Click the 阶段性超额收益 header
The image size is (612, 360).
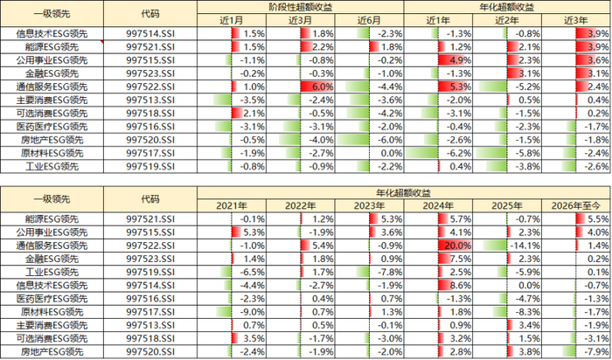click(300, 7)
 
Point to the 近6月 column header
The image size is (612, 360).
click(369, 20)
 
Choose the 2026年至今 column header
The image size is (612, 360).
click(575, 205)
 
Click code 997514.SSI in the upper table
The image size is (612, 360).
click(150, 33)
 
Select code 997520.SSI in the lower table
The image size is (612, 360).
click(150, 352)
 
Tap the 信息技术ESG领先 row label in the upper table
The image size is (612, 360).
click(52, 33)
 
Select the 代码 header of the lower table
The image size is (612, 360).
click(150, 199)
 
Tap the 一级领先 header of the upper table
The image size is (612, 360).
click(52, 14)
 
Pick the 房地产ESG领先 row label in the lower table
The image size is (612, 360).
click(52, 352)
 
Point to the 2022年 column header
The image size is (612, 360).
click(300, 205)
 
